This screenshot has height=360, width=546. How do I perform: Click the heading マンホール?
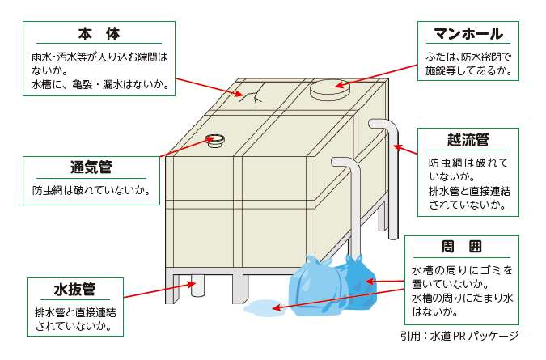(468, 33)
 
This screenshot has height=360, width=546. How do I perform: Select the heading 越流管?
(468, 139)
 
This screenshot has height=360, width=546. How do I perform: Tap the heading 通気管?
(91, 167)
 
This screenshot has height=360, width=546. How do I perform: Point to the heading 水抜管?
(75, 289)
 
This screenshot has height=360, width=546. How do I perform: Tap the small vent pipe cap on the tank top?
(215, 140)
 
